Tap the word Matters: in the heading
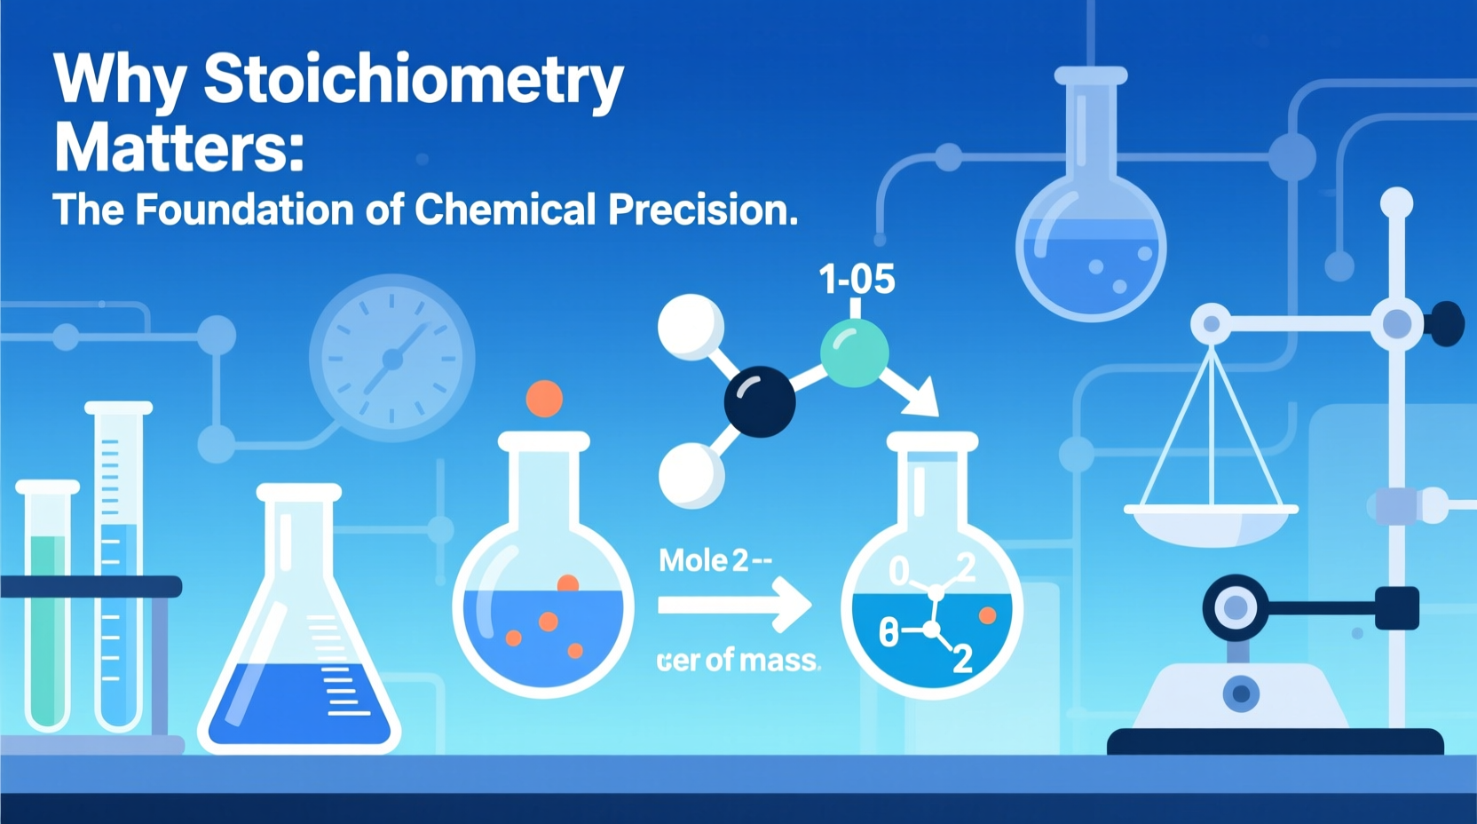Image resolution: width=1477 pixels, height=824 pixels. pyautogui.click(x=179, y=147)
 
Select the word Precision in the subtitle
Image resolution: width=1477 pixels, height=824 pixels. pyautogui.click(x=702, y=210)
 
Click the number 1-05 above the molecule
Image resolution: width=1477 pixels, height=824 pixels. pyautogui.click(x=857, y=279)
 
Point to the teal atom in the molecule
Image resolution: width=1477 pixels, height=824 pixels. pyautogui.click(x=854, y=353)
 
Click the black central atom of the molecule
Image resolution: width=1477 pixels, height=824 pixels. pyautogui.click(x=760, y=401)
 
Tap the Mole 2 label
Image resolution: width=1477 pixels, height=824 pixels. pyautogui.click(x=715, y=560)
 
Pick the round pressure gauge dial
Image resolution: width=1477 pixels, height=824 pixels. pyautogui.click(x=391, y=358)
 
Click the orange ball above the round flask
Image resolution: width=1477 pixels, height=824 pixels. pyautogui.click(x=544, y=399)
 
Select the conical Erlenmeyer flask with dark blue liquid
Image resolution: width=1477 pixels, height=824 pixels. pyautogui.click(x=299, y=639)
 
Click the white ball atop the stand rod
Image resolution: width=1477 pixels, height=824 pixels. pyautogui.click(x=1396, y=203)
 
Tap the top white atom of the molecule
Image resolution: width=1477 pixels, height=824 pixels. pyautogui.click(x=691, y=327)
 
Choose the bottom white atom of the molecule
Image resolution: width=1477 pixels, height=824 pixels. pyautogui.click(x=691, y=475)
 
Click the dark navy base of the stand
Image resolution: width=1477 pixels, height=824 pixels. pyautogui.click(x=1276, y=741)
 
